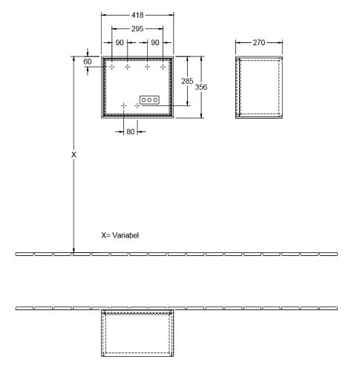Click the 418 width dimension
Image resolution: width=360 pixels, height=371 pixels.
[x=137, y=15]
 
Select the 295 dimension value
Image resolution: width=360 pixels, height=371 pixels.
[x=137, y=29]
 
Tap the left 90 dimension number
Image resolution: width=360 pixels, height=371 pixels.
[x=120, y=42]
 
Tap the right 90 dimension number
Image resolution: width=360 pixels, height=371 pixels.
[x=155, y=42]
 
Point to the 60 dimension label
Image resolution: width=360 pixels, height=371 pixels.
[x=88, y=62]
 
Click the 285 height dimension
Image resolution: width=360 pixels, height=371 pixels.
[x=187, y=81]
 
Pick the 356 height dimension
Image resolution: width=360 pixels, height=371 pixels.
[x=201, y=87]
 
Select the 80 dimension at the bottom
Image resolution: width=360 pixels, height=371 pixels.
[x=131, y=131]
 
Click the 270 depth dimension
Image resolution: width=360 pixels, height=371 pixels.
[x=259, y=42]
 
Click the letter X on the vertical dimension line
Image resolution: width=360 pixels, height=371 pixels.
[x=73, y=155]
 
